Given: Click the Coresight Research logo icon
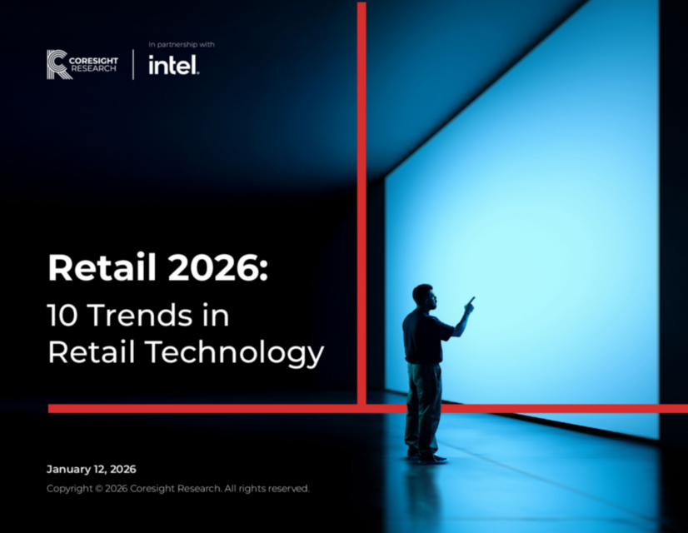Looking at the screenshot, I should (x=57, y=64).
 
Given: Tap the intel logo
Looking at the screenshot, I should (x=173, y=65).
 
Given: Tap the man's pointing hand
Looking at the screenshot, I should (x=470, y=303).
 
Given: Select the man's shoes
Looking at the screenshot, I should (x=426, y=456).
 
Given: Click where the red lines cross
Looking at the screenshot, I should (x=361, y=408).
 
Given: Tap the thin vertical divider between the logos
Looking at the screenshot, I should (x=133, y=64).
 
